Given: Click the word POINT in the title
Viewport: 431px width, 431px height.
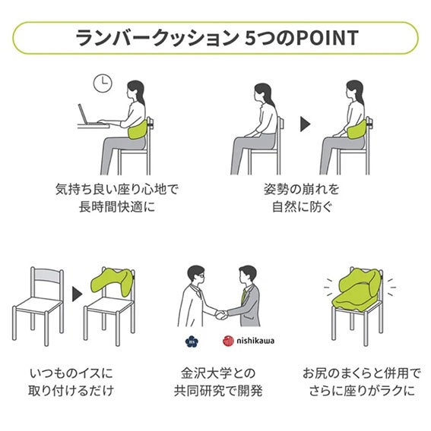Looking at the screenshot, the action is click(327, 38).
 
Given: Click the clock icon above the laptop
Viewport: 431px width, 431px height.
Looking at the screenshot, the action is click(103, 83).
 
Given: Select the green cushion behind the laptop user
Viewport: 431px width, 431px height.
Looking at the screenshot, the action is click(138, 130).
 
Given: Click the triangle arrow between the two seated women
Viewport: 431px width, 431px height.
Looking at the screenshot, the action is click(305, 124).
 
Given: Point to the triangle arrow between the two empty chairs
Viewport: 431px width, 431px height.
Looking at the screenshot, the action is click(78, 294).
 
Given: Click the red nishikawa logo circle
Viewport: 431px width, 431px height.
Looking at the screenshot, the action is click(228, 341).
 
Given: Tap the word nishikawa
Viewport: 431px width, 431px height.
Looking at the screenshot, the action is click(255, 341).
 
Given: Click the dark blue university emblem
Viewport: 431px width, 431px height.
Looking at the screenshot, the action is click(192, 341).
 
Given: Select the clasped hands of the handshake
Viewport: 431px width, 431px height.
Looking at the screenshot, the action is click(221, 315).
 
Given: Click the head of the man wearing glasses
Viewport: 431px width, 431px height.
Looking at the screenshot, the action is click(196, 275).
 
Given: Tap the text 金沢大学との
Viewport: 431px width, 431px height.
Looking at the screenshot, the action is click(218, 373).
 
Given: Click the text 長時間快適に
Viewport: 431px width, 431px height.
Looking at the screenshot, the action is click(117, 207).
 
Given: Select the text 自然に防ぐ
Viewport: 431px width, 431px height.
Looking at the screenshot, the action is click(302, 207).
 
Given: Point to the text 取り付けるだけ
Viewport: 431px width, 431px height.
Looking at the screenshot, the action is click(71, 391).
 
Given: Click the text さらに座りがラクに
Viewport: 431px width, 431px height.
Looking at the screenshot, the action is click(362, 391).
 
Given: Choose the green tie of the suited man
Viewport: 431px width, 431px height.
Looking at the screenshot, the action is click(243, 296).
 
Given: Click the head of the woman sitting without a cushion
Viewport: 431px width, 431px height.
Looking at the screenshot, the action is click(263, 93).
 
